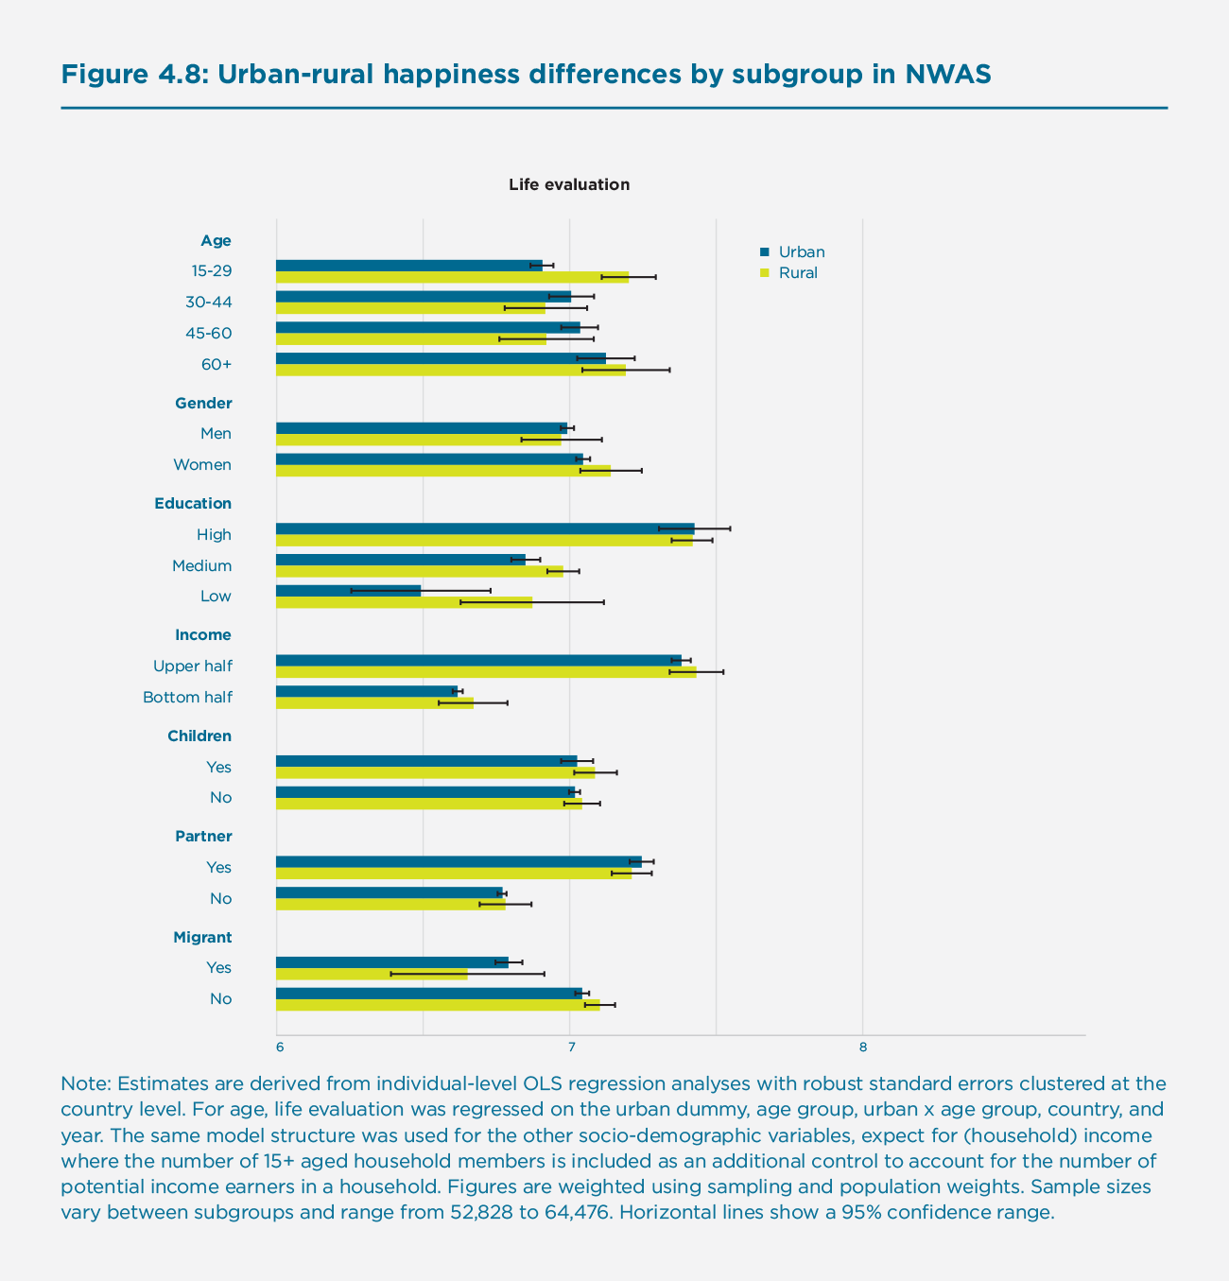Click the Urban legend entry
click(801, 251)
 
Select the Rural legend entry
click(797, 273)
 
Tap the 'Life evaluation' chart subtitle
click(569, 184)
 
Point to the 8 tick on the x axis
click(862, 1047)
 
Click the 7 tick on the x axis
click(570, 1047)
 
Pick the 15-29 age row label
click(211, 271)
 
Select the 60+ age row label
click(216, 364)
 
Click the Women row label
click(201, 464)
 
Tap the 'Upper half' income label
click(192, 666)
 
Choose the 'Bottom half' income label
click(187, 698)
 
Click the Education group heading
click(193, 503)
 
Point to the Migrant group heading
click(202, 937)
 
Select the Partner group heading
click(203, 836)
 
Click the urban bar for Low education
click(348, 590)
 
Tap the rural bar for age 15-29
click(452, 277)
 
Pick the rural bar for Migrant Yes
click(372, 974)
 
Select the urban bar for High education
click(484, 528)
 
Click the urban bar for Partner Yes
click(459, 861)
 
